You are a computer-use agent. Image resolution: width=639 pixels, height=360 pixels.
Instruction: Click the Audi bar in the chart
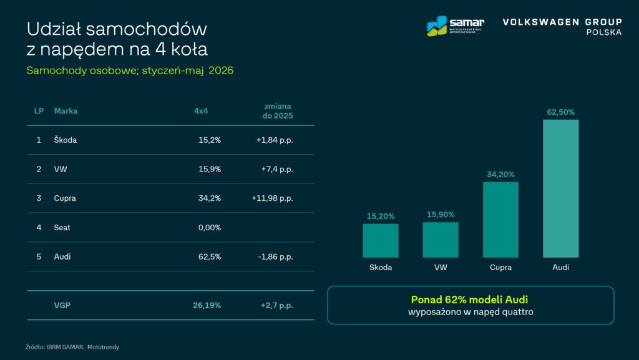pyautogui.click(x=560, y=188)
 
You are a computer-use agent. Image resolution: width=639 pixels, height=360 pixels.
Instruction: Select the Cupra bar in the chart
pyautogui.click(x=500, y=220)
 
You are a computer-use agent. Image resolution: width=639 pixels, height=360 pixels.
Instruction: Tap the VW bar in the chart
pyautogui.click(x=441, y=240)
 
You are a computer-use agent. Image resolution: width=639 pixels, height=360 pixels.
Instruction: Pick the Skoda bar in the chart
pyautogui.click(x=381, y=241)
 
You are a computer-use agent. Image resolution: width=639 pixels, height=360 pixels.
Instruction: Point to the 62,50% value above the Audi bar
pyautogui.click(x=560, y=112)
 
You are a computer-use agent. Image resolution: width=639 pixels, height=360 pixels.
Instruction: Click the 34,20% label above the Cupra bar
pyautogui.click(x=500, y=174)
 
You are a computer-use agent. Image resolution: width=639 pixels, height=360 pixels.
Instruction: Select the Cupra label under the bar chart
pyautogui.click(x=500, y=267)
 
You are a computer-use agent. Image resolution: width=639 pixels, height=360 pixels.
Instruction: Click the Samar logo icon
pyautogui.click(x=437, y=26)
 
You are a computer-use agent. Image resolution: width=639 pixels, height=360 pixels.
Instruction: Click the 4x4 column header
pyautogui.click(x=201, y=111)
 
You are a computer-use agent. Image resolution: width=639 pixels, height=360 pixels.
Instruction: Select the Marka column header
pyautogui.click(x=66, y=111)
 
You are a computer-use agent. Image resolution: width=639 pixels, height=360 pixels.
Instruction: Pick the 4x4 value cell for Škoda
pyautogui.click(x=210, y=140)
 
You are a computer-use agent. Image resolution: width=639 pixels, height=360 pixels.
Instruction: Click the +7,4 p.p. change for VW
pyautogui.click(x=277, y=169)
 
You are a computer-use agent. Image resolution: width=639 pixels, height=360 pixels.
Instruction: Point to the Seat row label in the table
pyautogui.click(x=62, y=228)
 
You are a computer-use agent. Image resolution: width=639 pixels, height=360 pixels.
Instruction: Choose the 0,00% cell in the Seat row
pyautogui.click(x=210, y=228)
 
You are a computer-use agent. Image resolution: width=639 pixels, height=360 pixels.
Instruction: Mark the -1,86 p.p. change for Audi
pyautogui.click(x=275, y=256)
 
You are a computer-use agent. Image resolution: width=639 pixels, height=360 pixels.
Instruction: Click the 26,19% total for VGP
pyautogui.click(x=207, y=306)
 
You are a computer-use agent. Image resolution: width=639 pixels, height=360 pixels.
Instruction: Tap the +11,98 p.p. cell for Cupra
pyautogui.click(x=272, y=198)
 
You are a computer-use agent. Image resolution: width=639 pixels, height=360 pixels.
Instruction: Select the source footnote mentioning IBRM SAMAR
pyautogui.click(x=72, y=347)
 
